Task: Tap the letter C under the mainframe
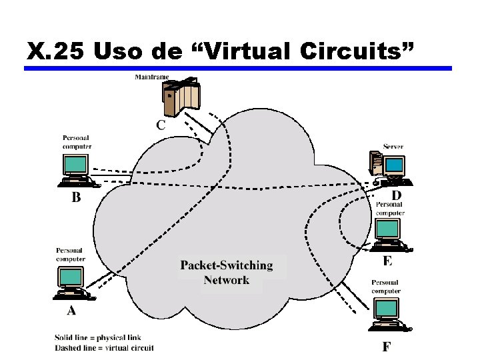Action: point(161,125)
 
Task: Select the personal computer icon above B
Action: point(76,169)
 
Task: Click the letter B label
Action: point(76,197)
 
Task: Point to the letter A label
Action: point(71,311)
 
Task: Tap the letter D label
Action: point(397,195)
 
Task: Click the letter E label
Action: point(388,259)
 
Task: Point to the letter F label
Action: point(387,346)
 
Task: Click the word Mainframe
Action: point(152,77)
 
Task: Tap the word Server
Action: point(393,147)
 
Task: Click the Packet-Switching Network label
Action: point(227,273)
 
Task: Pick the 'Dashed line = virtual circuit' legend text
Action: point(104,347)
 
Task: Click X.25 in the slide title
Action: point(56,50)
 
